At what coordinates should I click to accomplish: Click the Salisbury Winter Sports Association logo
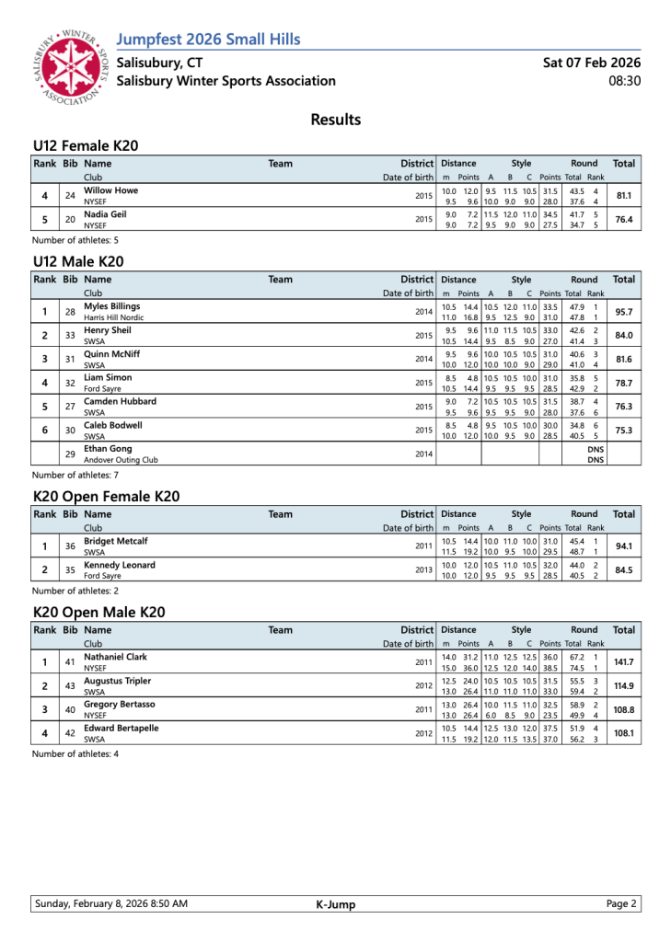tap(69, 68)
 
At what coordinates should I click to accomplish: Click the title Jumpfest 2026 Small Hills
tap(209, 39)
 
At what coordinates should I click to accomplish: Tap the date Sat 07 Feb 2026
tap(592, 63)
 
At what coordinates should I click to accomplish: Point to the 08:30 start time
tap(625, 81)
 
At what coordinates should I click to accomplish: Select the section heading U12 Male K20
tap(78, 261)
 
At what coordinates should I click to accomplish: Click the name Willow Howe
tap(110, 190)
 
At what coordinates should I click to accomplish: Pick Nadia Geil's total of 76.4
tap(623, 220)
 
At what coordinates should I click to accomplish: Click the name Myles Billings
tap(111, 306)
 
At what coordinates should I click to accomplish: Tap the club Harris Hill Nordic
tap(116, 317)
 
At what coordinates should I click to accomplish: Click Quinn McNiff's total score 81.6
tap(623, 360)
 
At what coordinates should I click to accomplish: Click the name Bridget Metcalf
tap(115, 542)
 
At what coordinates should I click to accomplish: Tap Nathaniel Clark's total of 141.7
tap(623, 662)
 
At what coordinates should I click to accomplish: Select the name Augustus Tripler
tap(117, 681)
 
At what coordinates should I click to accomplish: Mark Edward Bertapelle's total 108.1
tap(623, 734)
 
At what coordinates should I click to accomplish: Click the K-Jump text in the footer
tap(330, 904)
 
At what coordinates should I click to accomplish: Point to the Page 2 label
tap(621, 904)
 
